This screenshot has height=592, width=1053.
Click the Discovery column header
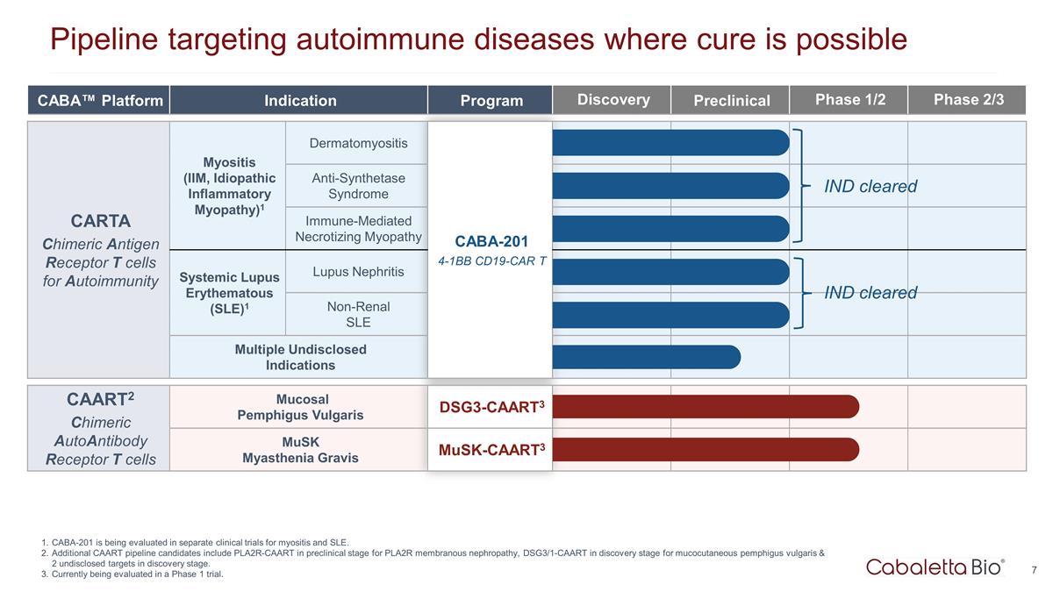tap(612, 99)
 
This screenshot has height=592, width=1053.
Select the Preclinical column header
tap(731, 100)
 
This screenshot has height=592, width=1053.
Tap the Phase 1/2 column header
tap(849, 99)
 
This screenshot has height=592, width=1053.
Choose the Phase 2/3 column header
tap(968, 99)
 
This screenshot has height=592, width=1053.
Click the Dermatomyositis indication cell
tap(358, 143)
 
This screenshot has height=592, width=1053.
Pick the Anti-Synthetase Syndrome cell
tap(358, 185)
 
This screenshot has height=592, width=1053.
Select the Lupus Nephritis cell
tap(358, 272)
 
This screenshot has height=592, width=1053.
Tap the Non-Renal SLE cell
tap(358, 314)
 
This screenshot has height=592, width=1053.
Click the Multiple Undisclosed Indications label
tap(300, 357)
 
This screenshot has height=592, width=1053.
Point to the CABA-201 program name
tap(490, 242)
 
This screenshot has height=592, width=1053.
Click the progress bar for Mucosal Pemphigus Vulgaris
tap(706, 407)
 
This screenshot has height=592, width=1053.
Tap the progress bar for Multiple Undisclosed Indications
tap(647, 357)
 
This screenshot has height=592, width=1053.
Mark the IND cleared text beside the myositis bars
tap(870, 186)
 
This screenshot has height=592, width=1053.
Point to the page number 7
tap(1034, 570)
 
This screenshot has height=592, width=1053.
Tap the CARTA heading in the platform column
tap(100, 220)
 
